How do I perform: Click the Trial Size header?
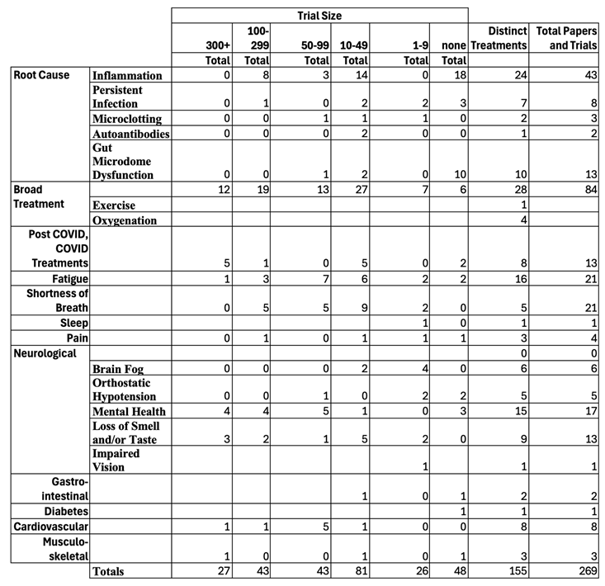319,15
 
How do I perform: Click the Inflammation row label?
128,76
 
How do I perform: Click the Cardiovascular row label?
50,526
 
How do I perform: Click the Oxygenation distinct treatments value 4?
522,220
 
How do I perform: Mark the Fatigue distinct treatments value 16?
518,280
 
